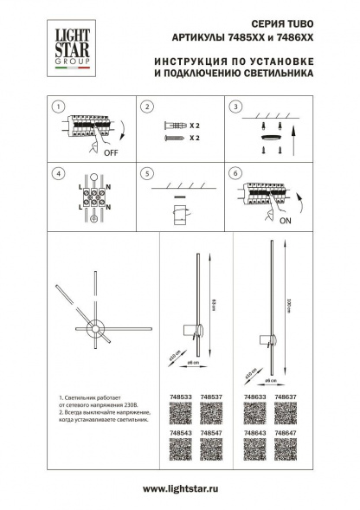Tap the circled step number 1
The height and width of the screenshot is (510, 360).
pos(57,107)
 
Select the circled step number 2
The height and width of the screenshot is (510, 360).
pos(147,107)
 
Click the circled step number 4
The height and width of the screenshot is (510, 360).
pos(57,173)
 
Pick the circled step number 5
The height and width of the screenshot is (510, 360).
pos(147,173)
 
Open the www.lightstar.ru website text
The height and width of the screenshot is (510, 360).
pos(179,489)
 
